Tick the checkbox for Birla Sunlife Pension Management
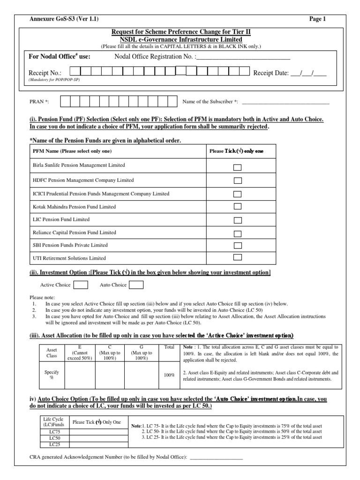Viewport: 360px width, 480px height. pos(238,167)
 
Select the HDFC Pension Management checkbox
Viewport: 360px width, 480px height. pos(238,180)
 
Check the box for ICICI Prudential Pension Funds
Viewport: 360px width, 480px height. pos(238,194)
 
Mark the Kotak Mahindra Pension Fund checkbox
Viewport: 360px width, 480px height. pos(238,207)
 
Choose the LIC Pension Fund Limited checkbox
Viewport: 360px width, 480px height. pos(238,219)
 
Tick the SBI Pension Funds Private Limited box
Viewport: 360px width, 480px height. pos(238,245)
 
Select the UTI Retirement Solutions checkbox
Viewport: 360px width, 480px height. pos(238,257)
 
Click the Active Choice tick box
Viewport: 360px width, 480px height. pos(81,285)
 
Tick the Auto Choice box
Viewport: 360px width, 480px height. pos(136,285)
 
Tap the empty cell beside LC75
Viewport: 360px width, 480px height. pos(98,431)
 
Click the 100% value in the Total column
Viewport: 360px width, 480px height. pos(169,375)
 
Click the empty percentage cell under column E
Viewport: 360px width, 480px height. pos(81,375)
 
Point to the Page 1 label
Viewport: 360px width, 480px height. pos(317,19)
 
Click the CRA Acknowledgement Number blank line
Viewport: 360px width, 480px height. pos(216,458)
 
